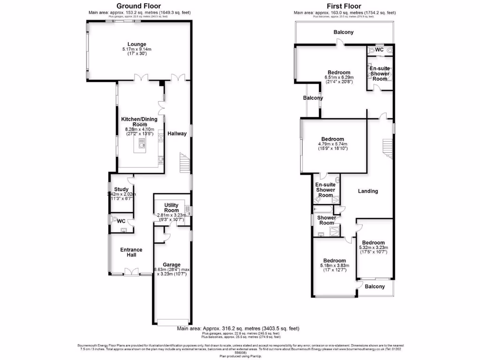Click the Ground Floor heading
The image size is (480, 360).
coord(135,6)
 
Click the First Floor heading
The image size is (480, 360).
coord(345,6)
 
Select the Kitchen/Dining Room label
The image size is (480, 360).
coord(139,122)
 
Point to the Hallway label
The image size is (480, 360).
coord(177,134)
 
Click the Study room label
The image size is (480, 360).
coord(121,189)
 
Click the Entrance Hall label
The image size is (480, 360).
coord(131,253)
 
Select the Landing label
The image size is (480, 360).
coord(368,191)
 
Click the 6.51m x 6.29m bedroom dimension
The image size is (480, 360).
coord(339,77)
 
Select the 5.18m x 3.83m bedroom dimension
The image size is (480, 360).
coord(335,266)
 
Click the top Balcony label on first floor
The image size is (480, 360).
coord(344,32)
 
